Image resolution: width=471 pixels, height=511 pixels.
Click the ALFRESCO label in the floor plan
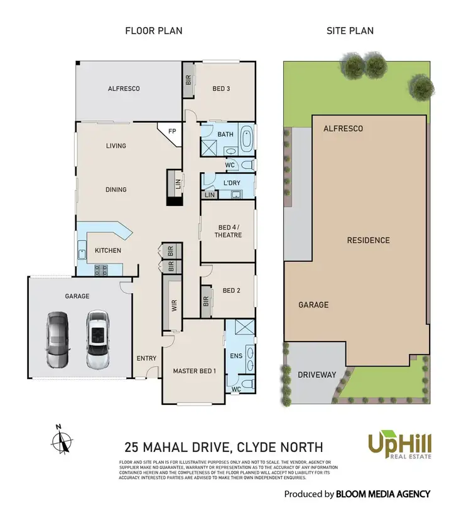(123, 89)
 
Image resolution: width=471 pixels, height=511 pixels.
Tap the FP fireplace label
(171, 132)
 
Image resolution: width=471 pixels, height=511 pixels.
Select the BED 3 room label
(221, 89)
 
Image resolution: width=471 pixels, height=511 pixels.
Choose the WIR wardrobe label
(174, 305)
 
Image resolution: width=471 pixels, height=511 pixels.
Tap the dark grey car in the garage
(57, 340)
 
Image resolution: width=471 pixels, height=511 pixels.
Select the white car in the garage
(97, 340)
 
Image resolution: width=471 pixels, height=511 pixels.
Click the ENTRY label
(146, 358)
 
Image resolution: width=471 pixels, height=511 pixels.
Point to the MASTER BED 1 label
(195, 371)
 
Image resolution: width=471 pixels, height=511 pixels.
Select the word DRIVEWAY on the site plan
(317, 375)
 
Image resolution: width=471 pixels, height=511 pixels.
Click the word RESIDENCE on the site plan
(369, 240)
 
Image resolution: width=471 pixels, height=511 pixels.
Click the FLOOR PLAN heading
(154, 30)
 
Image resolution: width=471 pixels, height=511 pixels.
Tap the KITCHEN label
(108, 250)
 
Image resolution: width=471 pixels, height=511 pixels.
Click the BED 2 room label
(232, 291)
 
